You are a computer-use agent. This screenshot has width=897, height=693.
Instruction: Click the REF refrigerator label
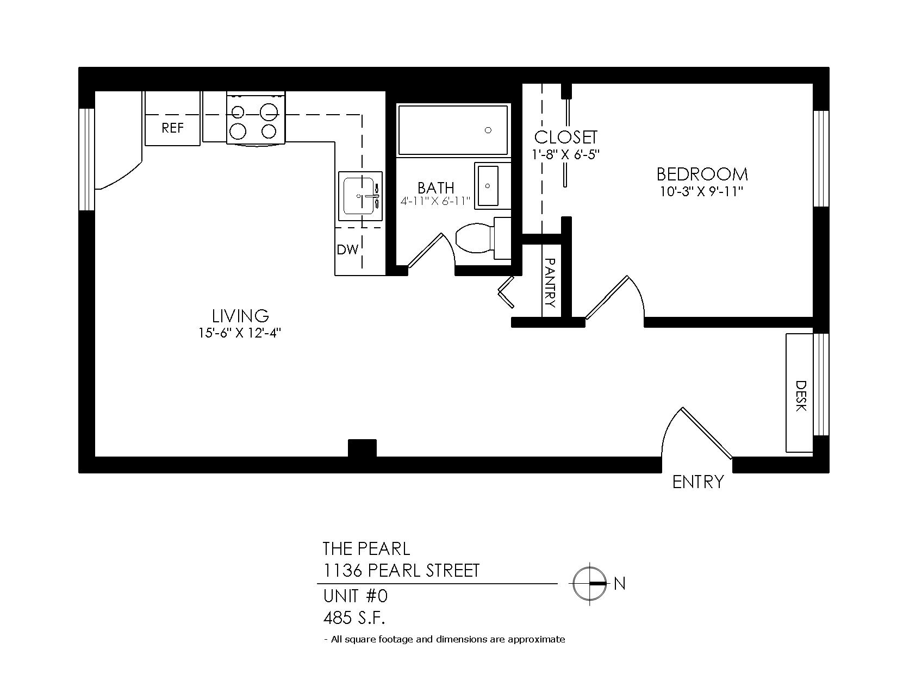point(172,128)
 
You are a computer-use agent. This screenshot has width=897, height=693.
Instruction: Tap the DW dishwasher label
point(347,249)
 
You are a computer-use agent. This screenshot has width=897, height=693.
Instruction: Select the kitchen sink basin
point(359,196)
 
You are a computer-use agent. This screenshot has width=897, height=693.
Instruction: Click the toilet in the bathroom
point(483,238)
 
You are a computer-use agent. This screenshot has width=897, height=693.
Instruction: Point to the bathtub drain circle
point(488,130)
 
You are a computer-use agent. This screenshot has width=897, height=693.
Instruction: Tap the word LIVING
point(240,316)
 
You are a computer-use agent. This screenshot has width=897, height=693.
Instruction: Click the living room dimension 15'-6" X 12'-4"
point(240,333)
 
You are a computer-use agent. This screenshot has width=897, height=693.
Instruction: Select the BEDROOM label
point(702,174)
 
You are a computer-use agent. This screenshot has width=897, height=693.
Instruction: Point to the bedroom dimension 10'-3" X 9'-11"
point(702,191)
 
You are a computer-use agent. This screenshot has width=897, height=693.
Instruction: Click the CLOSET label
point(565,138)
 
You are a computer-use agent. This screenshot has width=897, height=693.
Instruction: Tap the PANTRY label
point(550,283)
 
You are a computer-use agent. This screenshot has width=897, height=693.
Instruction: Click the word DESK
point(800,396)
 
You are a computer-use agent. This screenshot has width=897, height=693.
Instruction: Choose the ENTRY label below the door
point(698,482)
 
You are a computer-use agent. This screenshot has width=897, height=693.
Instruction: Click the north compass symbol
point(589,584)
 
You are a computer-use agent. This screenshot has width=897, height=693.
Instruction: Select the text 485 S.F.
point(354,619)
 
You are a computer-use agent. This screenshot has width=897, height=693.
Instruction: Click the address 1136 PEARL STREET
point(401,571)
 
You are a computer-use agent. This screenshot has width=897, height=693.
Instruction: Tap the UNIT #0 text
point(356,596)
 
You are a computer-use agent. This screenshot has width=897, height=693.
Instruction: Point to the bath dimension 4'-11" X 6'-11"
point(435,202)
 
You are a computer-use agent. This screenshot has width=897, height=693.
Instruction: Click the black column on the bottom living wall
point(362,448)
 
